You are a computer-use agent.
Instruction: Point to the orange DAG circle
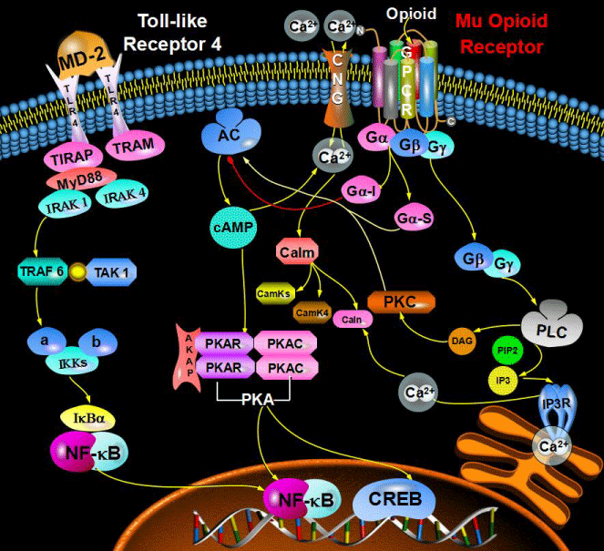click(462, 340)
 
